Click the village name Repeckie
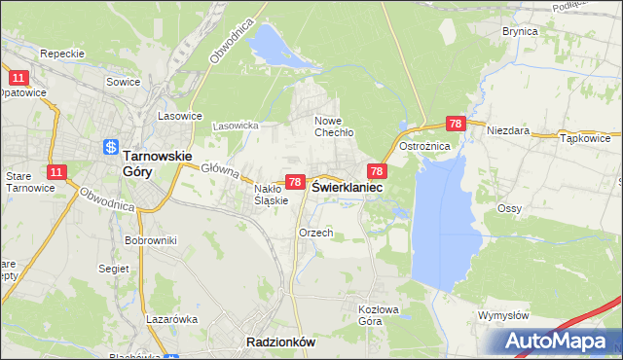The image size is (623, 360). pyautogui.click(x=62, y=54)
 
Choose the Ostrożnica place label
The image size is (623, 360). pyautogui.click(x=423, y=146)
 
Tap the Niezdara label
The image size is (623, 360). pyautogui.click(x=507, y=129)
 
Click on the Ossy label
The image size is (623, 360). pyautogui.click(x=509, y=209)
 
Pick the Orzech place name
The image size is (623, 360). pyautogui.click(x=316, y=234)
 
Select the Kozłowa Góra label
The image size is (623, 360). pyautogui.click(x=376, y=314)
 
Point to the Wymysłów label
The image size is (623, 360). pyautogui.click(x=503, y=316)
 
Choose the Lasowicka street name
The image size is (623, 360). pyautogui.click(x=235, y=126)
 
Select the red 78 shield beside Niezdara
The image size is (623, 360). pyautogui.click(x=456, y=125)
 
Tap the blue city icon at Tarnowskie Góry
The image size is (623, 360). pyautogui.click(x=110, y=148)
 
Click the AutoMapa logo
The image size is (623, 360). pyautogui.click(x=558, y=342)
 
